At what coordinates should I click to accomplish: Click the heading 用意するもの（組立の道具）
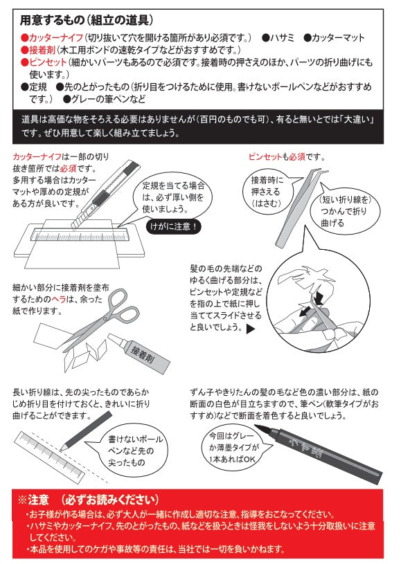(x=87, y=20)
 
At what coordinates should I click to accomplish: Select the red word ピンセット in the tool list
(x=48, y=62)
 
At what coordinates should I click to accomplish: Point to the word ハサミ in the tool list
(x=282, y=38)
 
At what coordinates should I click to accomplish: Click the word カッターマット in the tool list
(x=338, y=38)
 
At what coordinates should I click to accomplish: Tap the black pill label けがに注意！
(x=174, y=226)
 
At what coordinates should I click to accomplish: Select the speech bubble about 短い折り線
(x=345, y=211)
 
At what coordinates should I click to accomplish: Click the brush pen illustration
(x=318, y=450)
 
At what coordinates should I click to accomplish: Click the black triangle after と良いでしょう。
(x=251, y=329)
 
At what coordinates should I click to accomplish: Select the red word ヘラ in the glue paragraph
(x=59, y=299)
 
